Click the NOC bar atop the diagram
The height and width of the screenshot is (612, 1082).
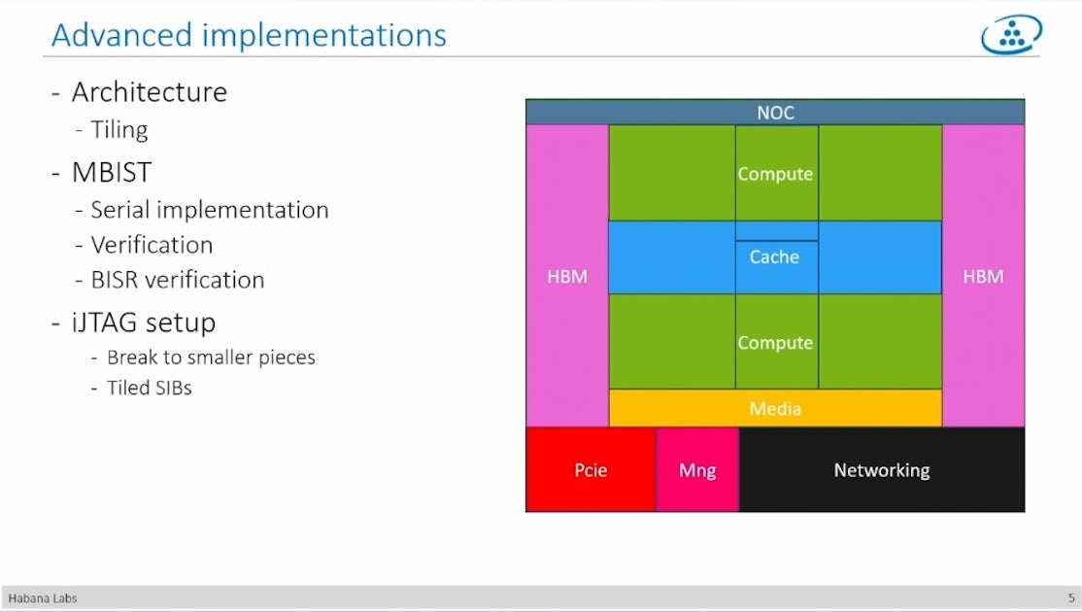pos(775,113)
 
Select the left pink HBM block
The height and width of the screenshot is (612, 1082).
pos(567,276)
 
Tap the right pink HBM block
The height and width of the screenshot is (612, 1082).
pos(983,276)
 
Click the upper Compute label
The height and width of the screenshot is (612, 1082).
pos(775,174)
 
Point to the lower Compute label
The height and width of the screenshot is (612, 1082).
pos(775,343)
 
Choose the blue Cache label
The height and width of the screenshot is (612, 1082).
pos(775,257)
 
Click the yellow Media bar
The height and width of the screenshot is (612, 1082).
pos(775,408)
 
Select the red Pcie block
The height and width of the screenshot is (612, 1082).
pos(591,470)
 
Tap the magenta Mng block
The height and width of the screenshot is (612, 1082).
pos(697,470)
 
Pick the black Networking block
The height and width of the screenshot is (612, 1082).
pos(882,470)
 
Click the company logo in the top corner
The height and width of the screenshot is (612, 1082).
pos(1011,35)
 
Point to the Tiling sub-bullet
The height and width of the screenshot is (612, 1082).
pos(118,129)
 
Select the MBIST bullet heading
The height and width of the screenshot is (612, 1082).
pos(111,172)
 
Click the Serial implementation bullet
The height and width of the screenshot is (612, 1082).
pos(209,210)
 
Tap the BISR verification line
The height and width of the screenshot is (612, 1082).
pos(177,280)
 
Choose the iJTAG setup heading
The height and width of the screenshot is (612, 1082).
pos(143,322)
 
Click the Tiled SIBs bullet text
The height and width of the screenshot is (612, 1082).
pos(149,388)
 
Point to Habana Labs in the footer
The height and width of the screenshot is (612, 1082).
pos(36,598)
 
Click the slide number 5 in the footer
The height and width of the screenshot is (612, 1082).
pos(1071,598)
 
